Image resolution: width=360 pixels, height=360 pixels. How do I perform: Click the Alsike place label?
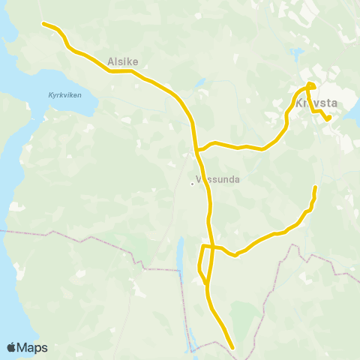click(x=123, y=62)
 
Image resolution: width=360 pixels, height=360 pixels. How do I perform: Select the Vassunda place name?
click(x=217, y=179)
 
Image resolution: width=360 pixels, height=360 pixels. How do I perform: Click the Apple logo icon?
click(x=11, y=347)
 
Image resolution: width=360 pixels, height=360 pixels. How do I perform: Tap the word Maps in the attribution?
click(x=32, y=347)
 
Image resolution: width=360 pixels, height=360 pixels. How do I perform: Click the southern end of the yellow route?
click(x=232, y=348)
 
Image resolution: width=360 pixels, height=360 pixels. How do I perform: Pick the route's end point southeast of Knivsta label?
click(x=328, y=118)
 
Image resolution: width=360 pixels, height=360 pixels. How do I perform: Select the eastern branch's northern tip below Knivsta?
click(x=315, y=187)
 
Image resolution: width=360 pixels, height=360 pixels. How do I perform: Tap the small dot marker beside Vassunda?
click(x=191, y=180)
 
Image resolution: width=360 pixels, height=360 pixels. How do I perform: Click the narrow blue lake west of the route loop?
click(x=180, y=255)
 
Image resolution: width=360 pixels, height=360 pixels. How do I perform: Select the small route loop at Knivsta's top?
click(x=310, y=87)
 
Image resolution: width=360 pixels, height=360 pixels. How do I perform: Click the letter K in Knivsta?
click(x=300, y=103)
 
